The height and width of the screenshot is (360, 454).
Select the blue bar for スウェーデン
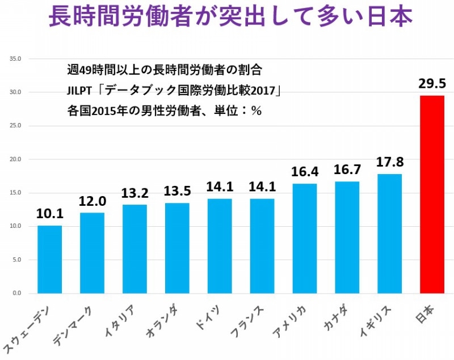click(49, 259)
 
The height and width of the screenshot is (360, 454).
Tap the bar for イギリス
click(389, 234)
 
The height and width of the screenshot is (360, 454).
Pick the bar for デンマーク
click(92, 253)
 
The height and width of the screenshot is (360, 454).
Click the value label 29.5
click(432, 84)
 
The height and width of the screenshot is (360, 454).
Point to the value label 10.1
click(49, 214)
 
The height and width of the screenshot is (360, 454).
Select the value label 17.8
click(389, 163)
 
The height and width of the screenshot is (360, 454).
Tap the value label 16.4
click(304, 171)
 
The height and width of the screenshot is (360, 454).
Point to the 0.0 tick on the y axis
click(16, 293)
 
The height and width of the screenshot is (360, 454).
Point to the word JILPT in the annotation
click(78, 91)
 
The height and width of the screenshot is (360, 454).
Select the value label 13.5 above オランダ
click(177, 191)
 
